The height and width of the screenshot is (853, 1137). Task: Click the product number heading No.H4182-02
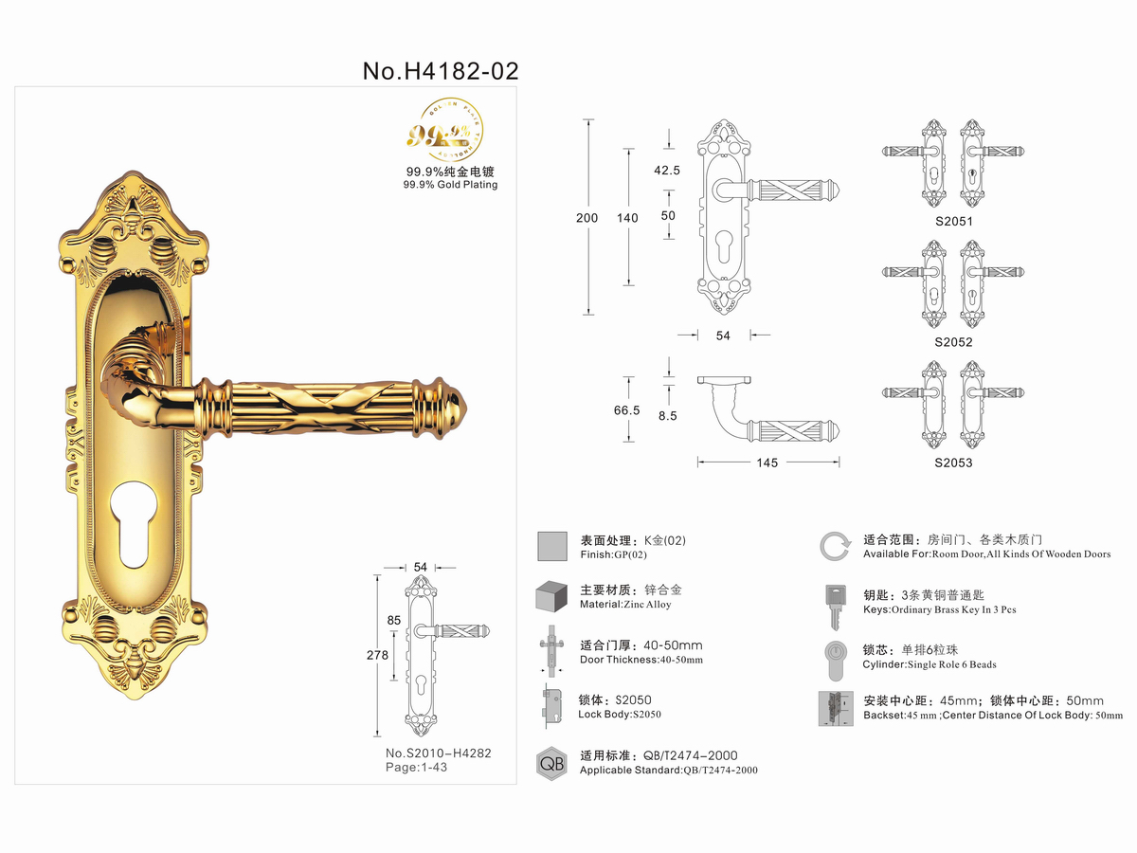(441, 70)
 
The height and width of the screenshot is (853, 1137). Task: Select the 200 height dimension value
(587, 218)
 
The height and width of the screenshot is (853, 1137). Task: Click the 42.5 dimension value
(668, 171)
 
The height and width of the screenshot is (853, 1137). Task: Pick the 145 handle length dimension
(767, 463)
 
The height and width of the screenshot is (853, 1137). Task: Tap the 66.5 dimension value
(627, 410)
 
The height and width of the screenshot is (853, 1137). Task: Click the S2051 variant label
(953, 221)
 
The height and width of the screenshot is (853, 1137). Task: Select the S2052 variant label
(953, 342)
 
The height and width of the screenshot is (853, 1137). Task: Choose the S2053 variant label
(953, 463)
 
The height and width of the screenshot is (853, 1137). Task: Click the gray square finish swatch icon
(552, 547)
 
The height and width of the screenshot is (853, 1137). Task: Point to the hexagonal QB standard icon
(551, 762)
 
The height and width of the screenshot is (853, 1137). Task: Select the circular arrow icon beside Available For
(834, 547)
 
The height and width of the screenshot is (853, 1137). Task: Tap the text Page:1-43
(416, 767)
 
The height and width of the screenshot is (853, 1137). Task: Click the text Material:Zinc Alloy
(624, 605)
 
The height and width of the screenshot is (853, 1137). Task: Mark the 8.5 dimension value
(668, 414)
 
